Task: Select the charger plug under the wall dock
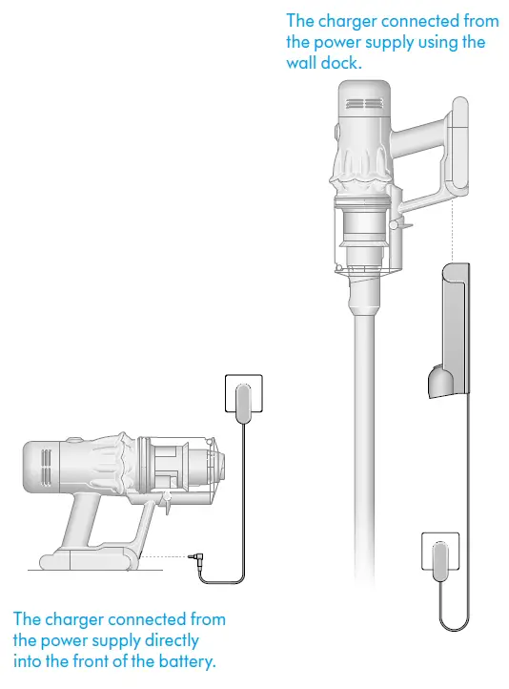pos(439,558)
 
